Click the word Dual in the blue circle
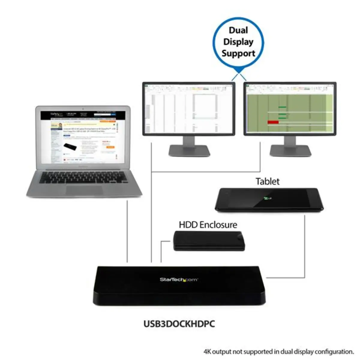click(238, 30)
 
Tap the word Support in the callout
click(238, 53)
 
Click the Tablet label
click(267, 181)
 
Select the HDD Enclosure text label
click(208, 225)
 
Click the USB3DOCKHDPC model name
click(179, 324)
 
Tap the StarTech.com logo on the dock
click(179, 280)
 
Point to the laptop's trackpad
click(84, 190)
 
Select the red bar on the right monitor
click(273, 122)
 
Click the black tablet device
click(269, 199)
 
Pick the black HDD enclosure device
click(209, 241)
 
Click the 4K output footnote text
click(279, 351)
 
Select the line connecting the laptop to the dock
click(127, 231)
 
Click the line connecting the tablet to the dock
click(305, 246)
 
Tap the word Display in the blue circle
click(238, 42)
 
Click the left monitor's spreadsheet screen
click(189, 109)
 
